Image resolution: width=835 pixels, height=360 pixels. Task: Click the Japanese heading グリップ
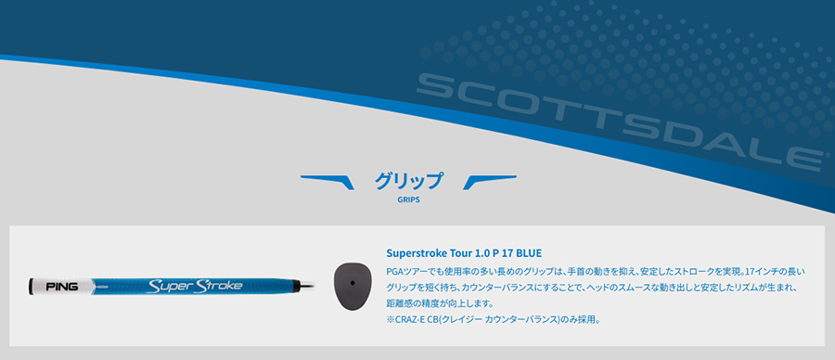[408, 181]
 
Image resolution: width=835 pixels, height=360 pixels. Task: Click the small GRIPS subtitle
[408, 200]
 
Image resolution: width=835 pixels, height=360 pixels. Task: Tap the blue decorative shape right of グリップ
[489, 182]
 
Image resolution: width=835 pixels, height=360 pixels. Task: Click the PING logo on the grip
[62, 287]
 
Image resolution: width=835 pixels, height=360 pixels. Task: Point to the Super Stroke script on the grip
[195, 286]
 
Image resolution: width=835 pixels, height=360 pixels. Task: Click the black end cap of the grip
[32, 287]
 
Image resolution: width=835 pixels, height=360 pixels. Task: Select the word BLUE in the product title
[529, 252]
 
